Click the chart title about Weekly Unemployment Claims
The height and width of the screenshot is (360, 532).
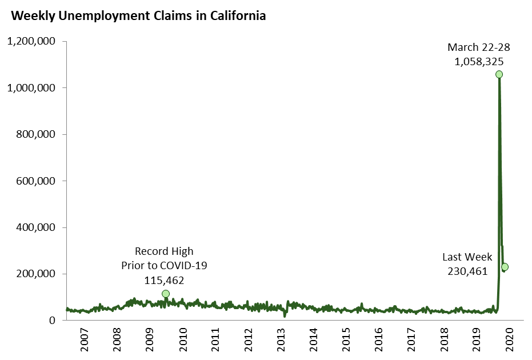(138, 16)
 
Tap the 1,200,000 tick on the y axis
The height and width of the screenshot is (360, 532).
(31, 41)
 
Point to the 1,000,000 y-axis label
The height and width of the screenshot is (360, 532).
(31, 88)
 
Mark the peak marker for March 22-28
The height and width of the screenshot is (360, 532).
(499, 74)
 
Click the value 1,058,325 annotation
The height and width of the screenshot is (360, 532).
(479, 61)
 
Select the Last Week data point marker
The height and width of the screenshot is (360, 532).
(505, 267)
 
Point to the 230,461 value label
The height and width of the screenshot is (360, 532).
(467, 271)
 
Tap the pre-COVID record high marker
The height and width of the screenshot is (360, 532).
(166, 294)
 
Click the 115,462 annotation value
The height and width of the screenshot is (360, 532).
(164, 280)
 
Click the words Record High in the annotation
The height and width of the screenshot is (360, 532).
(164, 251)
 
